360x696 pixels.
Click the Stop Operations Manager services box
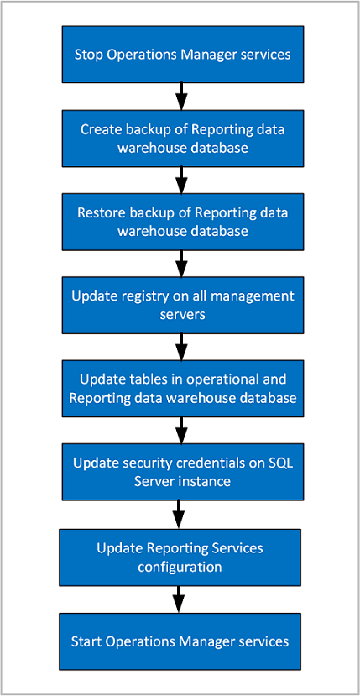[x=180, y=54]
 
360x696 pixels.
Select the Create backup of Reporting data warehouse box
[x=180, y=139]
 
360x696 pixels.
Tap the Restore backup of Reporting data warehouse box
[x=180, y=222]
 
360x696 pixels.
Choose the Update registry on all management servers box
[x=180, y=305]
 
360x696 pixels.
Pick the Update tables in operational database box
[x=180, y=388]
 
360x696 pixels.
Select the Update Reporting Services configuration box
[x=180, y=557]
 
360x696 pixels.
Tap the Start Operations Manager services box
[x=180, y=641]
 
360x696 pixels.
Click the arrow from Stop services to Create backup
[x=180, y=97]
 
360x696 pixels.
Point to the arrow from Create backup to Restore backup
[x=180, y=180]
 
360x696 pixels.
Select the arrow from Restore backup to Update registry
[x=180, y=263]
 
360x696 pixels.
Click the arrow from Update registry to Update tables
[x=180, y=346]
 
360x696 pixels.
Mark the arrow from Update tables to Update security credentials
[x=180, y=430]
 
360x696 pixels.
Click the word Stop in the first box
[x=87, y=55]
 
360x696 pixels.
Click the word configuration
[x=180, y=567]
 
